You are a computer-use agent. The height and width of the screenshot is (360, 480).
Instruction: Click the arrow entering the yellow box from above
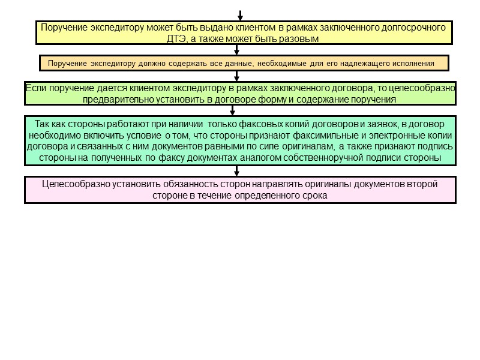pyautogui.click(x=239, y=15)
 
